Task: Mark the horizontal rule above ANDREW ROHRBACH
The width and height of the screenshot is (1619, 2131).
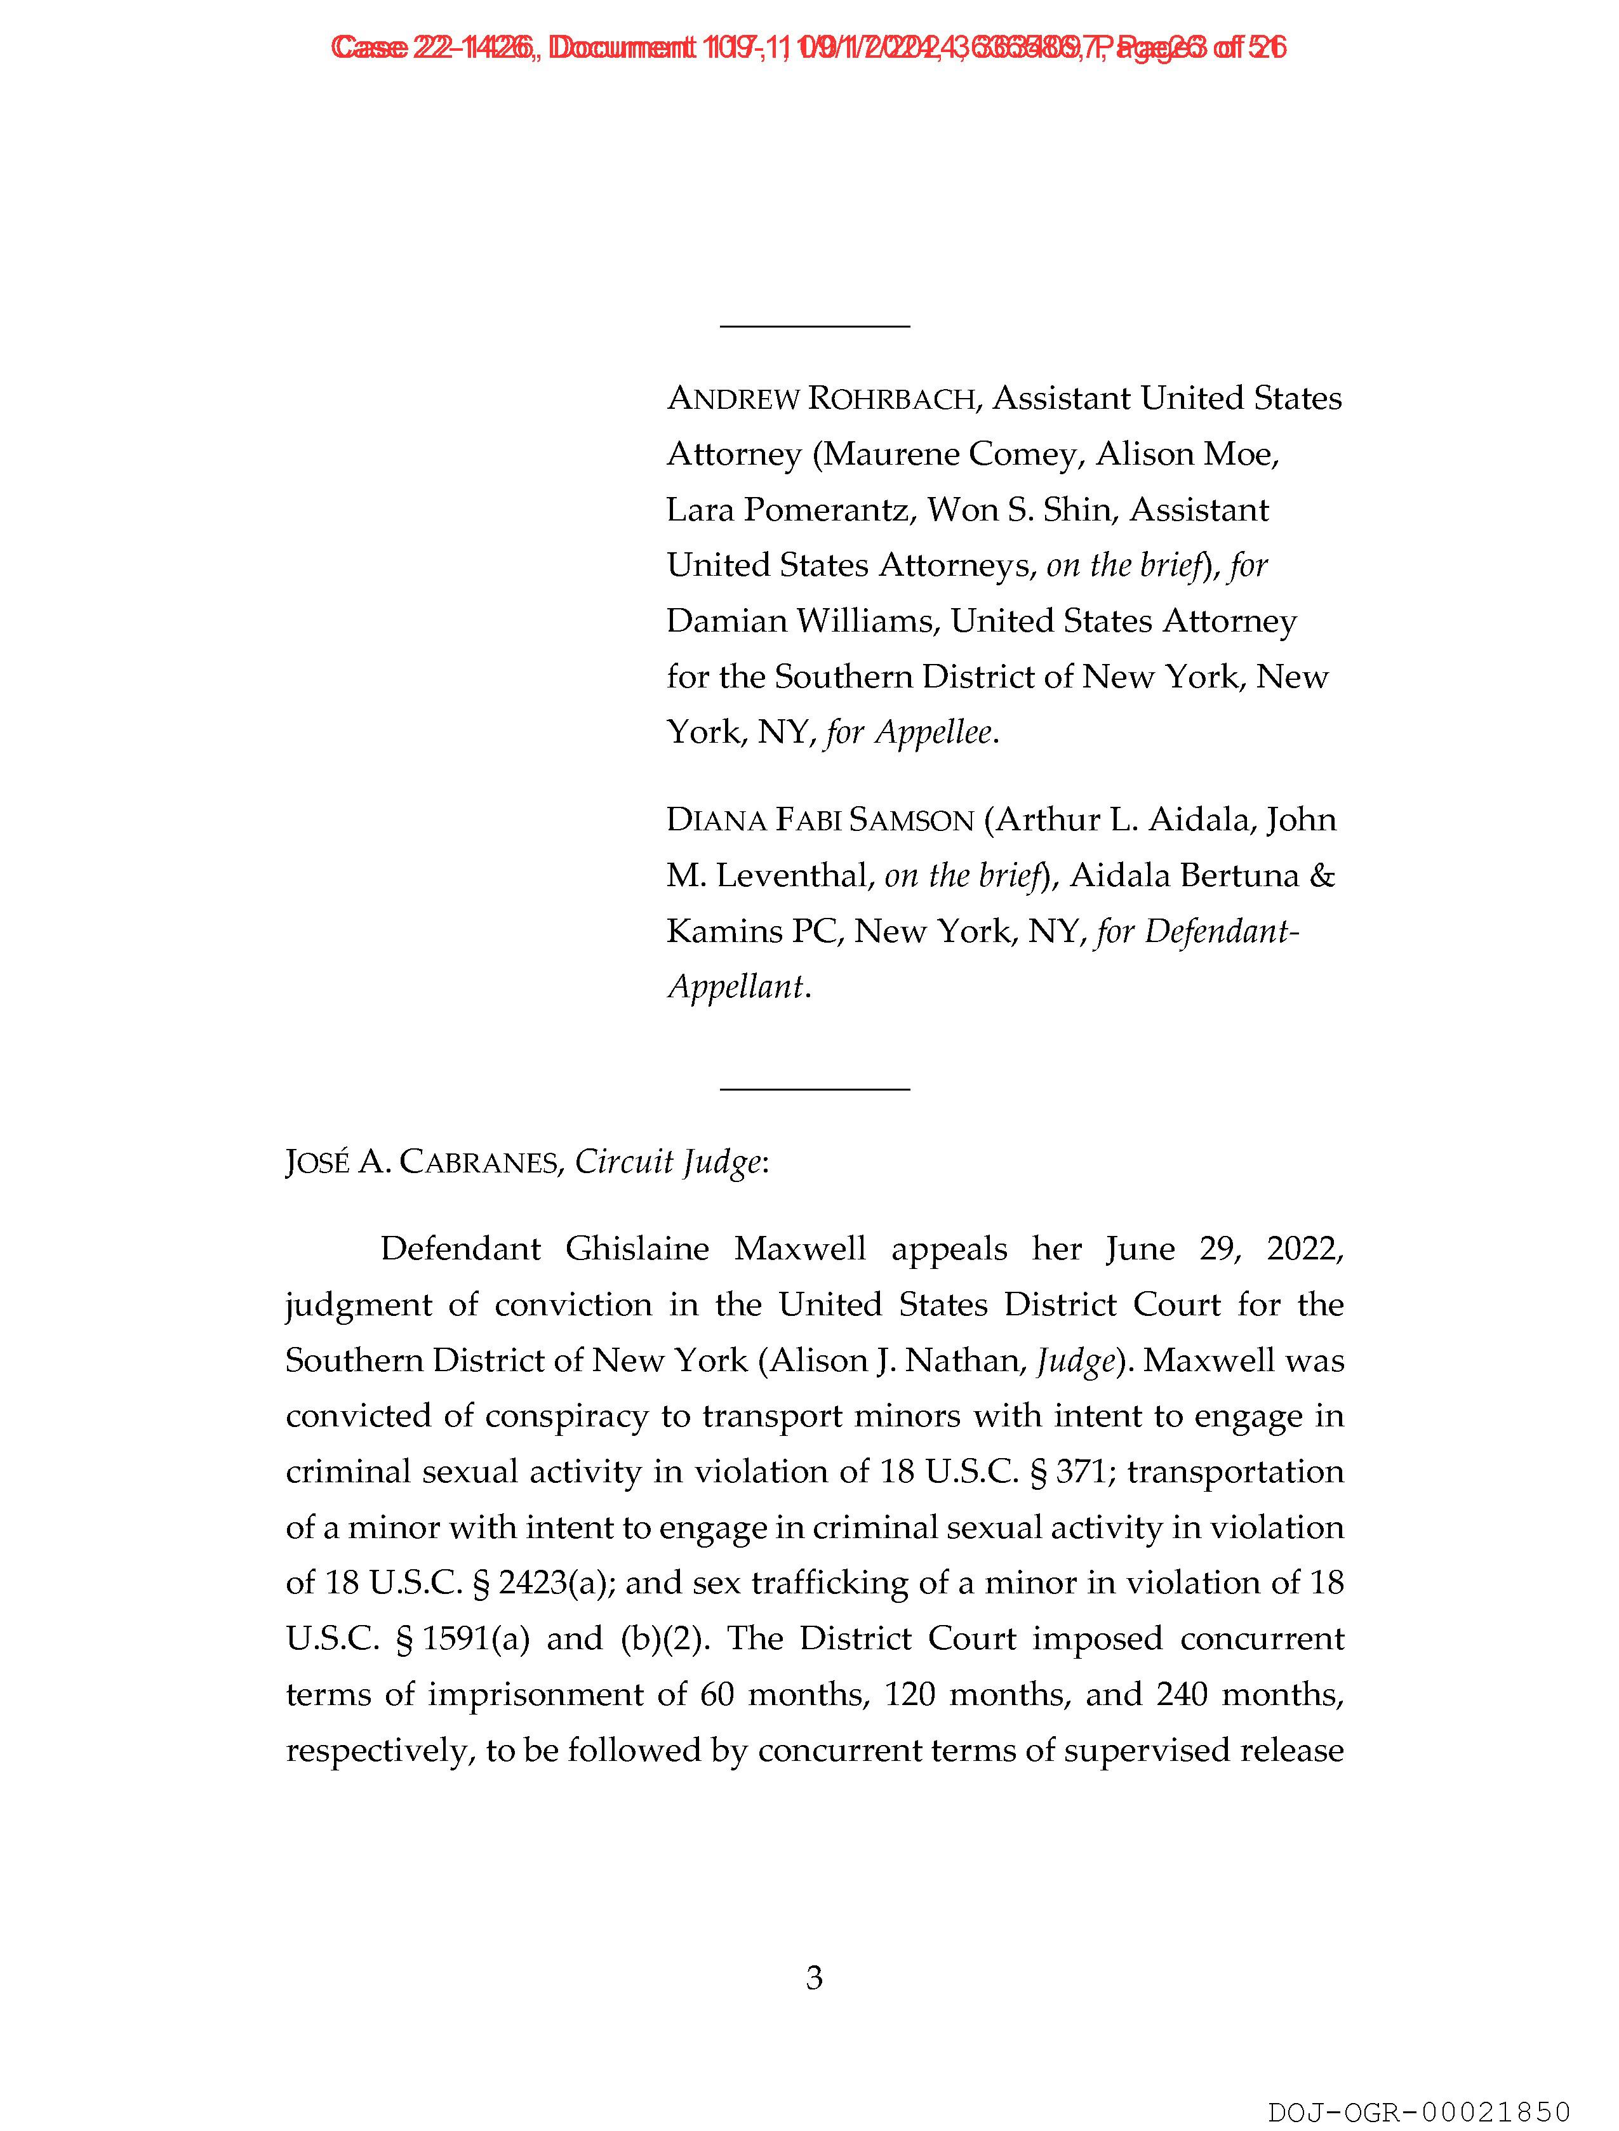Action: (815, 326)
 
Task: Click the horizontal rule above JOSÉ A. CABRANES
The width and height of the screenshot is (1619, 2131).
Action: (815, 1089)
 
